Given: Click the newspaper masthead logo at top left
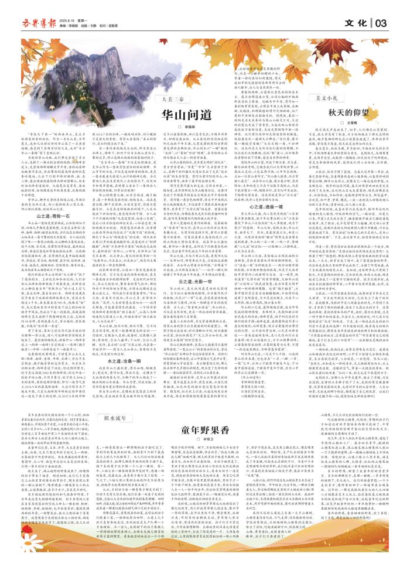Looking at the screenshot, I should (x=35, y=23).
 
